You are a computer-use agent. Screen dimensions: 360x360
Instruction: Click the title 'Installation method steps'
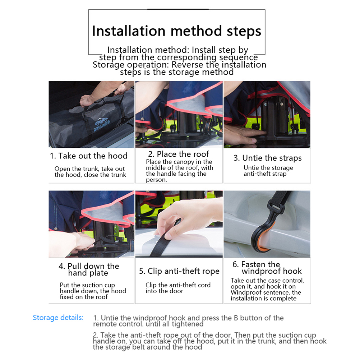176,31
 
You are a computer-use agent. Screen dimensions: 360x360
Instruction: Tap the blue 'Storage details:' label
58,318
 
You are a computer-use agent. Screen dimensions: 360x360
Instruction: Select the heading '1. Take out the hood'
89,156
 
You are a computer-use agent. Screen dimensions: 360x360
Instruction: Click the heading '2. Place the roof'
179,154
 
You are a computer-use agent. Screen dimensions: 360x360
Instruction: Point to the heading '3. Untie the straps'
267,158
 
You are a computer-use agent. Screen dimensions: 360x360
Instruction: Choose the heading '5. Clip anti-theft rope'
179,271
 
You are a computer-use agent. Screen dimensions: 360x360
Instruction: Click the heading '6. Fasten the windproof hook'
267,268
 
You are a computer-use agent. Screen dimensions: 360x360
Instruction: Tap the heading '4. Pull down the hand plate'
89,269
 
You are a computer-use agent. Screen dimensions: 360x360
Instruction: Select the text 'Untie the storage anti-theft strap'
268,171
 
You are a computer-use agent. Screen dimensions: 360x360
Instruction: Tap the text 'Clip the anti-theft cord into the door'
178,288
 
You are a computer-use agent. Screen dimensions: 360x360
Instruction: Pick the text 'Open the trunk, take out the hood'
90,172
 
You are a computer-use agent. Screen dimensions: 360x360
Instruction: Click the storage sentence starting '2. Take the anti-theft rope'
209,341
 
